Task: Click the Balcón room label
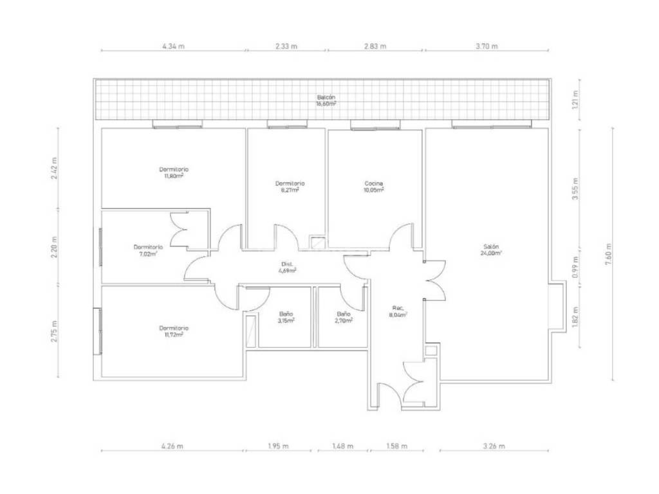point(326,100)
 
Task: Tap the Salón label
point(491,250)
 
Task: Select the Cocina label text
point(374,187)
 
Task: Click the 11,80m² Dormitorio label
point(174,172)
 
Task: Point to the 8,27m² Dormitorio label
point(290,187)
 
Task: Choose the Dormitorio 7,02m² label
point(148,250)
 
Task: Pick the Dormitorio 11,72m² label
point(174,331)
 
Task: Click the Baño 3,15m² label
point(286,317)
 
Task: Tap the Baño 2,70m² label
point(344,317)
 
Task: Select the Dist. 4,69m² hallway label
point(287,268)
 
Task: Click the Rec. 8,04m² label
point(397,311)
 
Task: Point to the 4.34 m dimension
point(173,46)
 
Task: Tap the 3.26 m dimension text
point(494,446)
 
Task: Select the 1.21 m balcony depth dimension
point(575,100)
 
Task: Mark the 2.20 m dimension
point(54,248)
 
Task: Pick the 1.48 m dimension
point(342,446)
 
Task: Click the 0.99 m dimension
point(575,266)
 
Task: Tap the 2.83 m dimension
point(375,46)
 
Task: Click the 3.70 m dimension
point(487,46)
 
